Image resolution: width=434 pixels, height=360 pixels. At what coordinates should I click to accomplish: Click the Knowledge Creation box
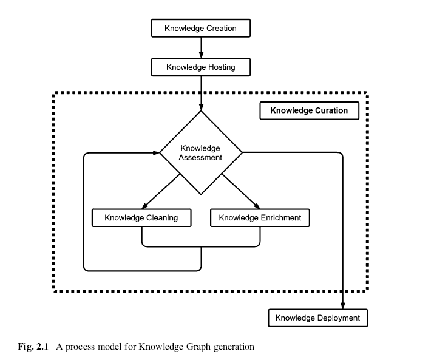[201, 28]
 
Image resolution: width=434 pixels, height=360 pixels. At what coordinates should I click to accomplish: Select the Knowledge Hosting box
[201, 67]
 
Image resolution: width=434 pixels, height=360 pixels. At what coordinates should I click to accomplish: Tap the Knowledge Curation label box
[309, 110]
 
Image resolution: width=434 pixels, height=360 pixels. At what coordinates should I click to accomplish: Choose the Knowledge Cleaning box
[141, 218]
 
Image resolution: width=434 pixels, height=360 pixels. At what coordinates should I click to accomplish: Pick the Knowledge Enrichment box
[260, 218]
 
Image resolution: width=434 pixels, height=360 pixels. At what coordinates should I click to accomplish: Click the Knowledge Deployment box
[317, 318]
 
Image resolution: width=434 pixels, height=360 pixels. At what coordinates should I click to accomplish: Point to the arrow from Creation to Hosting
[201, 47]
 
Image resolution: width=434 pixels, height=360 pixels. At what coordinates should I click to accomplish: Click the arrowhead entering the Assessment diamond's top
[201, 107]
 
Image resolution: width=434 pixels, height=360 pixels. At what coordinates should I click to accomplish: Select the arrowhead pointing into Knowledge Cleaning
[144, 206]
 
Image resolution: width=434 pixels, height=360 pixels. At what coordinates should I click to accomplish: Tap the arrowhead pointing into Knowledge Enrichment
[257, 206]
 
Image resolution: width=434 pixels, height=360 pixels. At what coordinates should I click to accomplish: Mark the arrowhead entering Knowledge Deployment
[343, 305]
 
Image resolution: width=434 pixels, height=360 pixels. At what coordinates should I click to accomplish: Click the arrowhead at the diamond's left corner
[156, 152]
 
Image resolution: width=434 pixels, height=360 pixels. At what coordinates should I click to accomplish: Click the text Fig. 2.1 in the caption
[33, 347]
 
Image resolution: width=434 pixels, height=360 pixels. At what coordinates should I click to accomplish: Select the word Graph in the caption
[198, 347]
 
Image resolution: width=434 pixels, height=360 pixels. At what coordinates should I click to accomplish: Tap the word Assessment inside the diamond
[200, 158]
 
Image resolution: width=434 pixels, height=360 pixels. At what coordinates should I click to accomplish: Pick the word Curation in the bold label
[331, 110]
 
